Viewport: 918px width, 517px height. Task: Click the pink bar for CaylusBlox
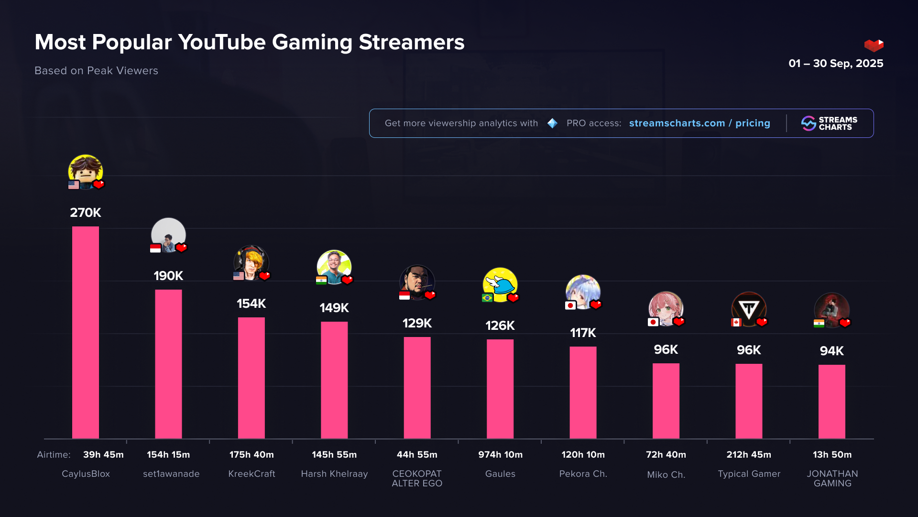point(86,332)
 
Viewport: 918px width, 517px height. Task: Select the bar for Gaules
point(500,389)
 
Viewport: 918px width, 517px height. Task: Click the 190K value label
point(168,276)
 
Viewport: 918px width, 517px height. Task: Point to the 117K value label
point(583,333)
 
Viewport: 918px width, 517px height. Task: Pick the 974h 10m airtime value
point(500,454)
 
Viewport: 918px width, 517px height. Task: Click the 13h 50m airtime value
point(832,454)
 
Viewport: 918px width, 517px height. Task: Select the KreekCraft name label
point(251,473)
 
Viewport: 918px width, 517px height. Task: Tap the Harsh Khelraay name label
point(334,473)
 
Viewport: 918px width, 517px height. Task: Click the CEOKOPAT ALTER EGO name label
point(417,478)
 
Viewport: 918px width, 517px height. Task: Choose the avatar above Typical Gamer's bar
point(749,309)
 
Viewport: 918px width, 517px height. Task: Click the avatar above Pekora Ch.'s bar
point(583,292)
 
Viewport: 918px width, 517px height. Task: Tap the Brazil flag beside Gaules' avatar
point(487,298)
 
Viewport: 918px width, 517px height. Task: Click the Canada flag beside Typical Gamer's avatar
point(736,322)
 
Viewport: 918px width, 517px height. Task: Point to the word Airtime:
point(54,454)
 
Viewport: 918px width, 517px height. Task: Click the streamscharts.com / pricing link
point(699,123)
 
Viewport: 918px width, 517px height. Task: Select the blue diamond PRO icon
point(552,123)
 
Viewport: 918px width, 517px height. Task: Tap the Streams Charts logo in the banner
point(829,123)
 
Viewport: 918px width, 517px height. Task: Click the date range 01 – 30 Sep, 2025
point(836,63)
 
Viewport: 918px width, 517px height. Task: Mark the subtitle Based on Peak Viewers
point(96,70)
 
